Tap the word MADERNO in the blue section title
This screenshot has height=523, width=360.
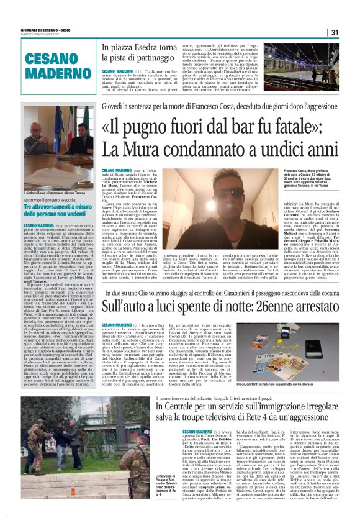pyautogui.click(x=50, y=68)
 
